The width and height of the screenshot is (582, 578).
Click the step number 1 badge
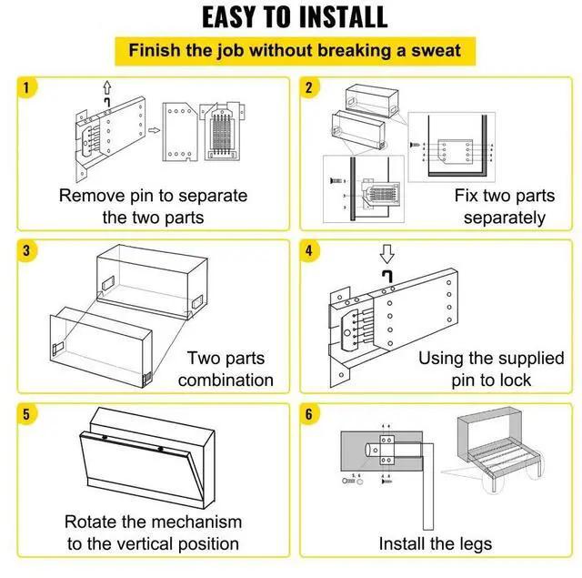coord(26,88)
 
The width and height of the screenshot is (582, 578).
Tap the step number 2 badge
coord(309,88)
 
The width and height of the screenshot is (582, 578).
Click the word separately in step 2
coord(504,218)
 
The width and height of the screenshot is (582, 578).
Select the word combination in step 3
coord(226,380)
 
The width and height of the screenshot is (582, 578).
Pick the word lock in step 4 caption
coord(517,380)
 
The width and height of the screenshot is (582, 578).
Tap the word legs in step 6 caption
coord(475,544)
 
